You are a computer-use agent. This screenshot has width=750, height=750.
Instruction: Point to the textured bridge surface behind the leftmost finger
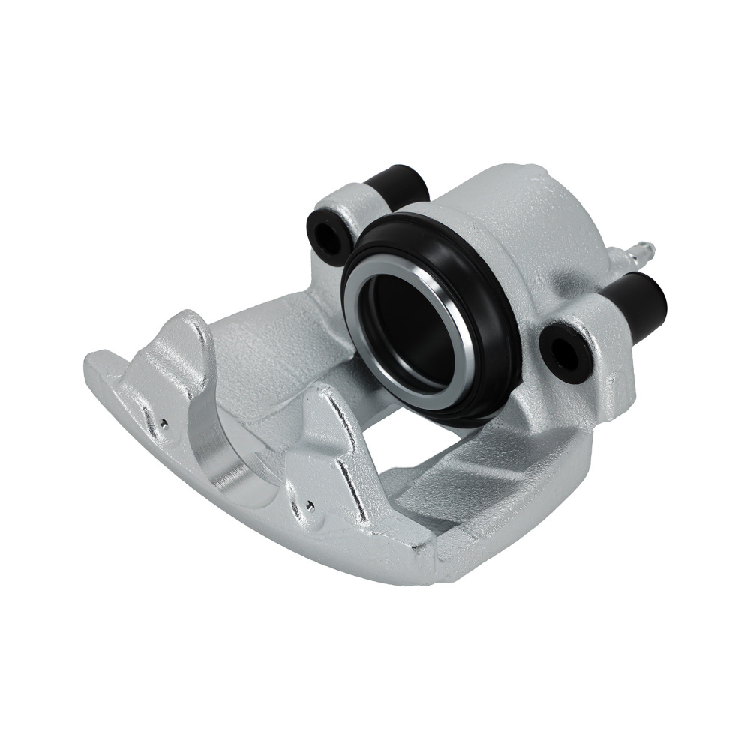255,337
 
